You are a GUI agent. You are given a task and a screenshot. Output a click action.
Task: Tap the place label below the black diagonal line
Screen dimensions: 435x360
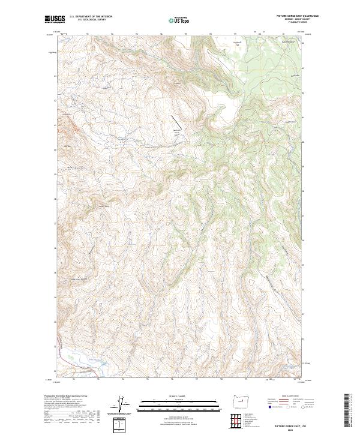pyautogui.click(x=176, y=133)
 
